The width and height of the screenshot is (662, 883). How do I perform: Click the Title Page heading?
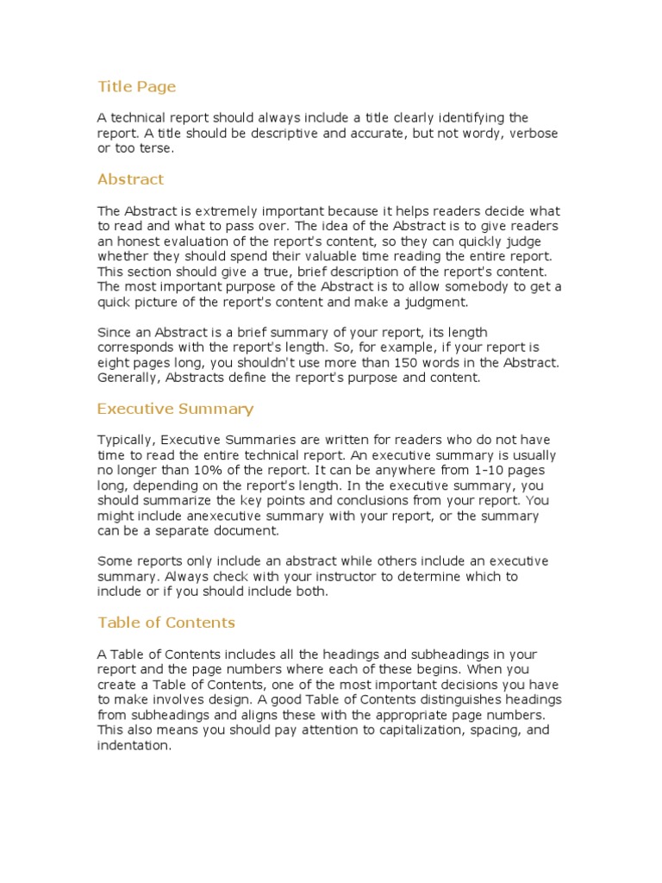click(136, 86)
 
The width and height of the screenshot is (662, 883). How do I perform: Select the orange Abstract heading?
click(130, 179)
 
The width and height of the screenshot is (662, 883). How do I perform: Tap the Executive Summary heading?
click(175, 409)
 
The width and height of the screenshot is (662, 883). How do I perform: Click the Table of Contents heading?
click(166, 623)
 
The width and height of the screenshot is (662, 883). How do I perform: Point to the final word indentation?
click(134, 746)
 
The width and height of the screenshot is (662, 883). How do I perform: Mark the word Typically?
click(125, 440)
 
